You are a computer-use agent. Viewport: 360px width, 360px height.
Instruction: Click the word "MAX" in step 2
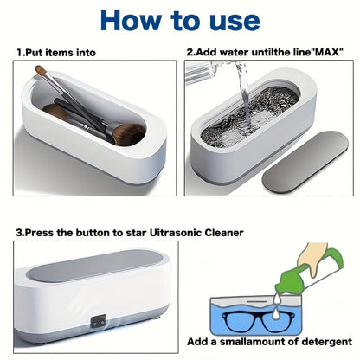coord(325,53)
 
